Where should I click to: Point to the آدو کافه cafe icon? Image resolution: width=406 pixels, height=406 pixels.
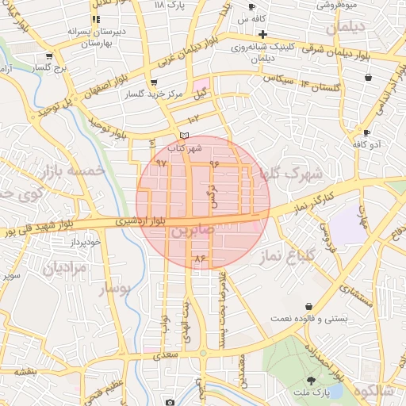click(x=366, y=132)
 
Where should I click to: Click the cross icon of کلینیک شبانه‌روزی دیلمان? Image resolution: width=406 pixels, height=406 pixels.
click(x=262, y=34)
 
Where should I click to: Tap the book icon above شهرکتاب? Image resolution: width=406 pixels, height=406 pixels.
click(x=184, y=136)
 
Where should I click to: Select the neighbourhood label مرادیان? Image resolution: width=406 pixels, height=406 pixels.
click(x=57, y=267)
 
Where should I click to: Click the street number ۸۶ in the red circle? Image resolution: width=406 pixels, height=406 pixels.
click(x=199, y=259)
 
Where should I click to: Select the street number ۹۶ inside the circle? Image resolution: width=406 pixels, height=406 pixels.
click(x=213, y=163)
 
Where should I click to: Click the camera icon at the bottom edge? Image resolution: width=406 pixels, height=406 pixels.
click(x=168, y=401)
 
